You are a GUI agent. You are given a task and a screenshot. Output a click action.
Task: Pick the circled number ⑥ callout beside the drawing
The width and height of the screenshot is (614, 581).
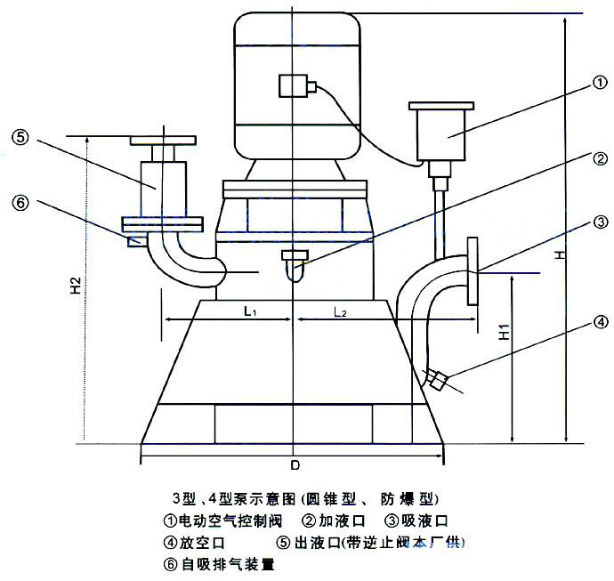pos(21,202)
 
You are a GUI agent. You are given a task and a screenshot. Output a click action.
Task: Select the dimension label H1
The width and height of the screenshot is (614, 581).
pos(504,334)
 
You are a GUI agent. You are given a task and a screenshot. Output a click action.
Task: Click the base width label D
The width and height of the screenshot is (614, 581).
pos(295,466)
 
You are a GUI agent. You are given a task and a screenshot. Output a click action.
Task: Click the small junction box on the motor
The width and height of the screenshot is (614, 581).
pos(294,85)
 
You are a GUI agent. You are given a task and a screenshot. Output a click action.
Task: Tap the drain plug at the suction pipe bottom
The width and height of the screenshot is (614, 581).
pos(437,379)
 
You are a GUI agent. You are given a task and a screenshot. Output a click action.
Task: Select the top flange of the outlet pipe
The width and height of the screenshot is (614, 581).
pos(162,140)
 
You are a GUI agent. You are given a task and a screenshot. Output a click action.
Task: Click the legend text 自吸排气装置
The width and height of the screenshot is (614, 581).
pos(225,563)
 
